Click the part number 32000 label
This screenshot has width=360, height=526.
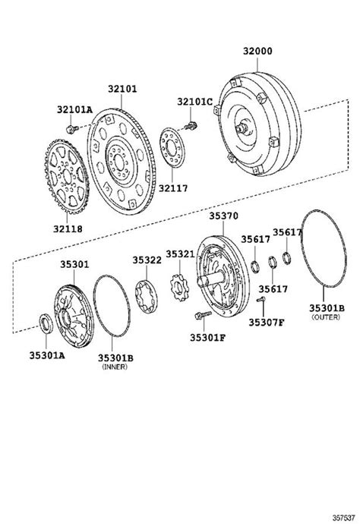pos(257,52)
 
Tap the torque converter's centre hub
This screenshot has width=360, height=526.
pos(242,128)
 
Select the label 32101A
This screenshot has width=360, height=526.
pos(74,109)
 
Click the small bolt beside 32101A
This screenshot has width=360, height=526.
pos(72,128)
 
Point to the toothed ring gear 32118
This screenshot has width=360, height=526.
pos(67,176)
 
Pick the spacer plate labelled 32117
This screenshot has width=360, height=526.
pos(172,147)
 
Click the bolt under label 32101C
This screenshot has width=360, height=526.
pos(191,127)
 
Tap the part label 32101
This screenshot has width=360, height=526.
pos(122,89)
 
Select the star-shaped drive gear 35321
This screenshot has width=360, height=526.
pos(179,288)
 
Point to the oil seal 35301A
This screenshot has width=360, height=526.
pos(46,323)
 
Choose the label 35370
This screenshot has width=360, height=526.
pos(223,216)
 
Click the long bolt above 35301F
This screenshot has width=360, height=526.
pos(204,315)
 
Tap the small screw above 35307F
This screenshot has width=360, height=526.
pos(261,299)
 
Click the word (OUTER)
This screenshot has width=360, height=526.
pos(326,317)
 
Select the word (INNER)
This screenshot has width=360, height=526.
pos(115,367)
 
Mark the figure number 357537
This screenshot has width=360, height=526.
pos(343,518)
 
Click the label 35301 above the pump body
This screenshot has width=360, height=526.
pos(75,264)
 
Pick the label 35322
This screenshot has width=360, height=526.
pos(147,260)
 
